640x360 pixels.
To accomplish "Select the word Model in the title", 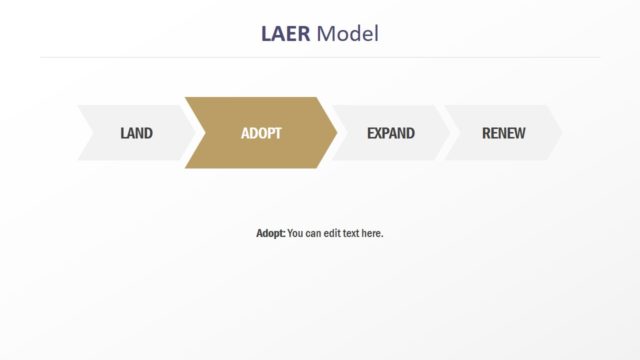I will coord(347,34).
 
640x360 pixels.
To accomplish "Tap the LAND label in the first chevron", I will coord(136,133).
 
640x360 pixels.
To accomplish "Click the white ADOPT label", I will coord(261,133).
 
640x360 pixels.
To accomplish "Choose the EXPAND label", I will coord(390,133).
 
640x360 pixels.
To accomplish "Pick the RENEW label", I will coord(503,133).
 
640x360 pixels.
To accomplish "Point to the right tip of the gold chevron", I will coord(337,133).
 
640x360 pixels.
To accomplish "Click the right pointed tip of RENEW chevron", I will coord(561,133).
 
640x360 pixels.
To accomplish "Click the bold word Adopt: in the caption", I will coord(270,233).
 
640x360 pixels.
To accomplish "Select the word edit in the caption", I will coord(332,233).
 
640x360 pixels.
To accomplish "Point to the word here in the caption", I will coord(372,233).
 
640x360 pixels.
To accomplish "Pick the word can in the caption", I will coord(314,233).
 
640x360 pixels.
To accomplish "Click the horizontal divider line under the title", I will coord(320,57).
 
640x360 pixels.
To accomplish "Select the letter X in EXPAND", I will coord(378,133).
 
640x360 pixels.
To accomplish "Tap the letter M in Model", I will coord(325,34).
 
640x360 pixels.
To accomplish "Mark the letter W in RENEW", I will coord(518,133).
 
